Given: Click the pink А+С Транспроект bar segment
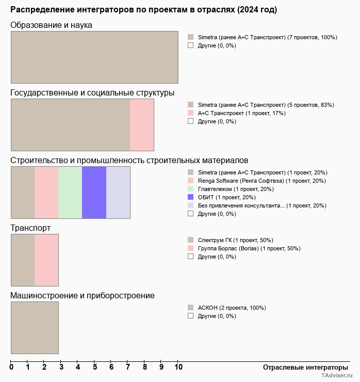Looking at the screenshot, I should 142,125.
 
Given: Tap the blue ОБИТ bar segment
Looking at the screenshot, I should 94,193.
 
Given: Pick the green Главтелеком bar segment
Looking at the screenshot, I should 70,193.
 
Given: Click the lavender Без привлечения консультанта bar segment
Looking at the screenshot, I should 118,193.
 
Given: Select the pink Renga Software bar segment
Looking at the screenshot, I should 46,193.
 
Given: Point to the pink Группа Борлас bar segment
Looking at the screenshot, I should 46,260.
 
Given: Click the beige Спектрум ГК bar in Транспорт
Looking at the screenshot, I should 23,260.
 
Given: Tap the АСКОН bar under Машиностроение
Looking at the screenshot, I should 35,328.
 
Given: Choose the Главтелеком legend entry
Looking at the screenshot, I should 235,189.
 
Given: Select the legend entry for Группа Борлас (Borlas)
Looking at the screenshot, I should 249,248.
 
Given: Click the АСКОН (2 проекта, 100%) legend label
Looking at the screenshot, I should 232,308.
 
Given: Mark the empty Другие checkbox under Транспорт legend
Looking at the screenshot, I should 190,257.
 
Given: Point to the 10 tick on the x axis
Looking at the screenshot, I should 178,368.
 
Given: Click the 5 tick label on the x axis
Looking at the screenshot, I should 95,368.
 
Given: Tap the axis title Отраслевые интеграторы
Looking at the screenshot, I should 302,368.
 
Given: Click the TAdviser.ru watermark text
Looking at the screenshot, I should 337,376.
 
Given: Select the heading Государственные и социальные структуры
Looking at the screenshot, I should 92,93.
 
